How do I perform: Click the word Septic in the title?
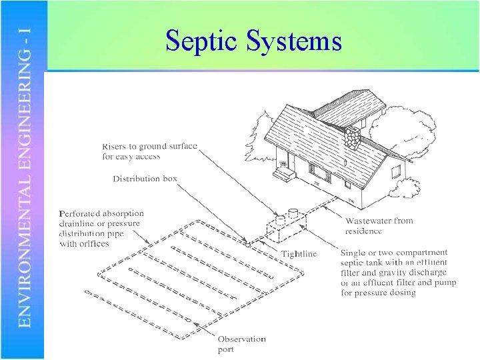[x=203, y=41]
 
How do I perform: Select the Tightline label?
[x=299, y=253]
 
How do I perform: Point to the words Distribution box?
[x=146, y=179]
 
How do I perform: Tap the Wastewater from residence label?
[x=379, y=225]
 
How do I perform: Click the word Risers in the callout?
[x=115, y=147]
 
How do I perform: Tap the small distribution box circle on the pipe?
[x=247, y=244]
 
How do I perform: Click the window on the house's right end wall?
[x=396, y=171]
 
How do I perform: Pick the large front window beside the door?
[x=319, y=175]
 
